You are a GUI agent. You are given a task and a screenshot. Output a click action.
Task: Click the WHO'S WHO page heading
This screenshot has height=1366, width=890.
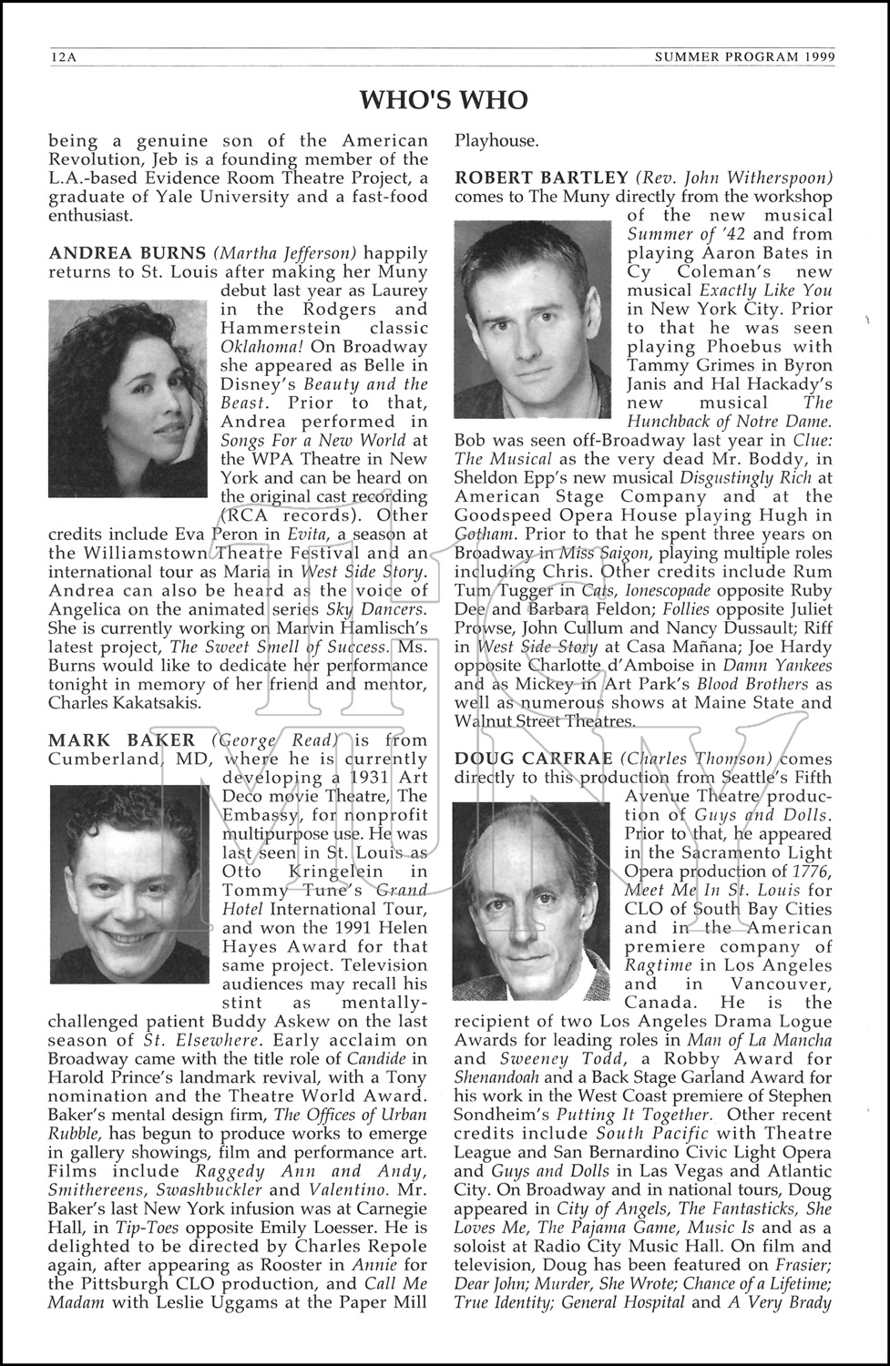tap(445, 99)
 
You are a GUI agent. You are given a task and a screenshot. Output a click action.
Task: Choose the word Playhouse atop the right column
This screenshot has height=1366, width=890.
tap(496, 140)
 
